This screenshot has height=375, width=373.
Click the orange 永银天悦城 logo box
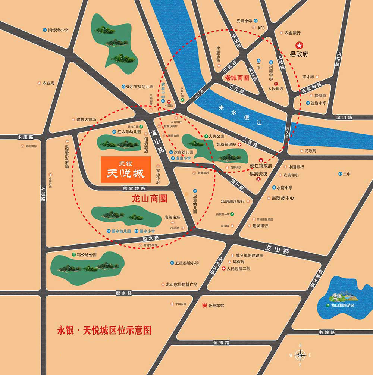126,170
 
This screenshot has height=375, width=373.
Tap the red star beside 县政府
299,44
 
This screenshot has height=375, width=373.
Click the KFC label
261,28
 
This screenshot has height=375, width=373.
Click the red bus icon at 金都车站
205,305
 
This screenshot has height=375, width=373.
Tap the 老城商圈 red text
237,78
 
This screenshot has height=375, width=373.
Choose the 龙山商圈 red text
150,199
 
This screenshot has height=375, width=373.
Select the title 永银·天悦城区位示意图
104,330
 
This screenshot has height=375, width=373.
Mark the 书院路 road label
327,332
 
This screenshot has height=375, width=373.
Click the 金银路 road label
221,343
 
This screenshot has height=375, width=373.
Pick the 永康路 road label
25,137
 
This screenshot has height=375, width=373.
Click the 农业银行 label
292,33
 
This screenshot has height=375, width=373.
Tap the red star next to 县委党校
258,179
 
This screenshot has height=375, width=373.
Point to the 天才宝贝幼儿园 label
139,87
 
